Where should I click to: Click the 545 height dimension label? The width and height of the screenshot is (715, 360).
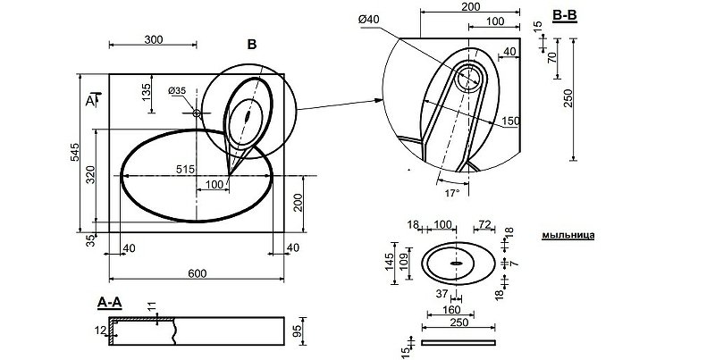tap(75, 154)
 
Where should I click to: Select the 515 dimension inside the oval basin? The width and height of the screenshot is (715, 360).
tap(185, 168)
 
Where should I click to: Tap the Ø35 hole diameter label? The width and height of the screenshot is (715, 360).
tap(176, 91)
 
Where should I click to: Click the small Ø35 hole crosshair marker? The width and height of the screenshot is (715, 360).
tap(197, 113)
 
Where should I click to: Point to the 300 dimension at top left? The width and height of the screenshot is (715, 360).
tap(153, 39)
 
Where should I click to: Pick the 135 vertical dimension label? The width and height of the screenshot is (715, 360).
tap(145, 92)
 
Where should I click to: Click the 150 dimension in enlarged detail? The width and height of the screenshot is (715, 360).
tap(510, 121)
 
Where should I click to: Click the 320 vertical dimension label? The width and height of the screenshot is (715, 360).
tap(90, 175)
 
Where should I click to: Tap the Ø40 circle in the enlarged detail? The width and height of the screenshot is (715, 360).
tap(467, 80)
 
